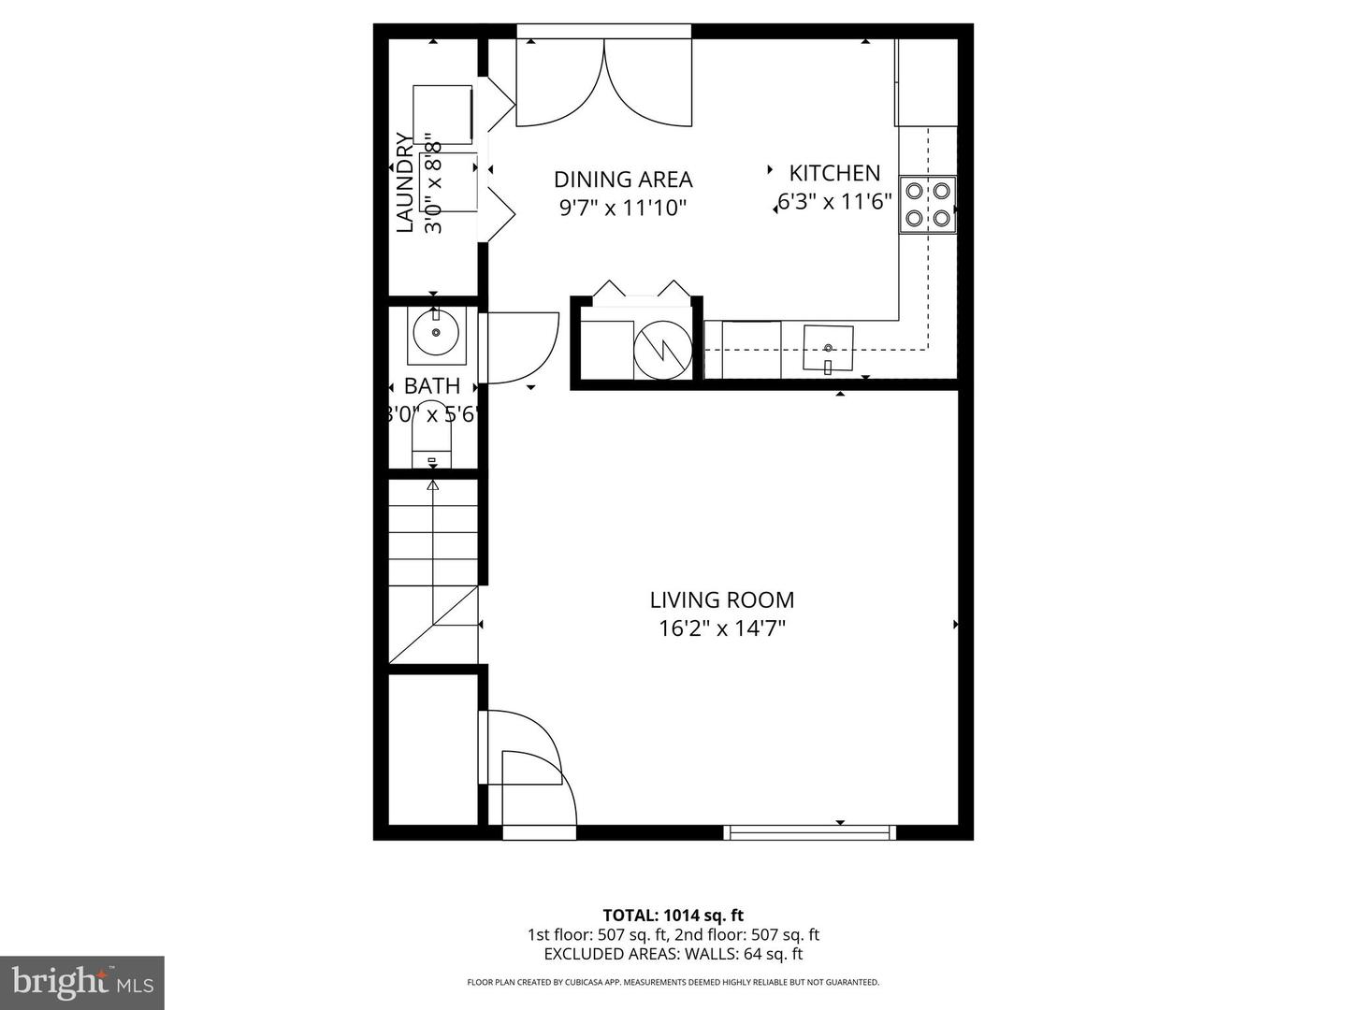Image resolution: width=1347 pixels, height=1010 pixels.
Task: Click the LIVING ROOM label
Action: tap(721, 599)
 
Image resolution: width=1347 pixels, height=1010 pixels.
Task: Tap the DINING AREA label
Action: tap(623, 180)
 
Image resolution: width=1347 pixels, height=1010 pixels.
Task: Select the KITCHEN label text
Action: tap(834, 173)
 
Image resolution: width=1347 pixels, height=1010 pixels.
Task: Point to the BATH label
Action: tap(432, 385)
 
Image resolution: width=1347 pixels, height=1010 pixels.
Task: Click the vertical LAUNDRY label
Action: tap(404, 182)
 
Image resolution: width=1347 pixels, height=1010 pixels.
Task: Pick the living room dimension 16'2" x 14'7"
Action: tap(721, 628)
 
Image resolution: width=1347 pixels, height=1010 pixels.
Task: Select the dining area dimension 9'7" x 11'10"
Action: tap(623, 208)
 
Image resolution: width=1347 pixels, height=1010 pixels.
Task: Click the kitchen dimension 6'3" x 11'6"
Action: tap(835, 201)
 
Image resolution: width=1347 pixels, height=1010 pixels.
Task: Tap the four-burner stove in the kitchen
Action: tap(927, 205)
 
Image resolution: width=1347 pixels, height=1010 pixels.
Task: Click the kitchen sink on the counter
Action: tap(829, 349)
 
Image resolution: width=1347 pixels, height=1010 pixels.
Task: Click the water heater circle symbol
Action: tap(661, 351)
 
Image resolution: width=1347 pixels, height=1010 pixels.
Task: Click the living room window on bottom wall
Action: tap(811, 832)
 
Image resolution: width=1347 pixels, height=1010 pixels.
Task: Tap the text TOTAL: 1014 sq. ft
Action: tap(673, 916)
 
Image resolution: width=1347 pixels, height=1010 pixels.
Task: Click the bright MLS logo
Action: tap(82, 982)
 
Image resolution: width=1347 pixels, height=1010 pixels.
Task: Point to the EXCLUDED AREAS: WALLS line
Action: tap(673, 954)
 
